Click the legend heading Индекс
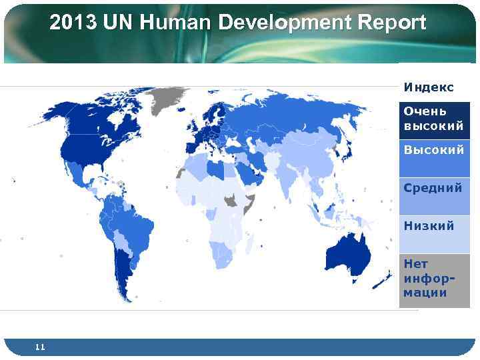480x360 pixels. pyautogui.click(x=429, y=87)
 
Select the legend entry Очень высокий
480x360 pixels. pyautogui.click(x=434, y=119)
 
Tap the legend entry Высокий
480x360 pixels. pyautogui.click(x=434, y=151)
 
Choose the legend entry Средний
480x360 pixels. pyautogui.click(x=433, y=188)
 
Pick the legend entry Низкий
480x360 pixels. pyautogui.click(x=429, y=225)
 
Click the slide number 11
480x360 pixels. pyautogui.click(x=40, y=347)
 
